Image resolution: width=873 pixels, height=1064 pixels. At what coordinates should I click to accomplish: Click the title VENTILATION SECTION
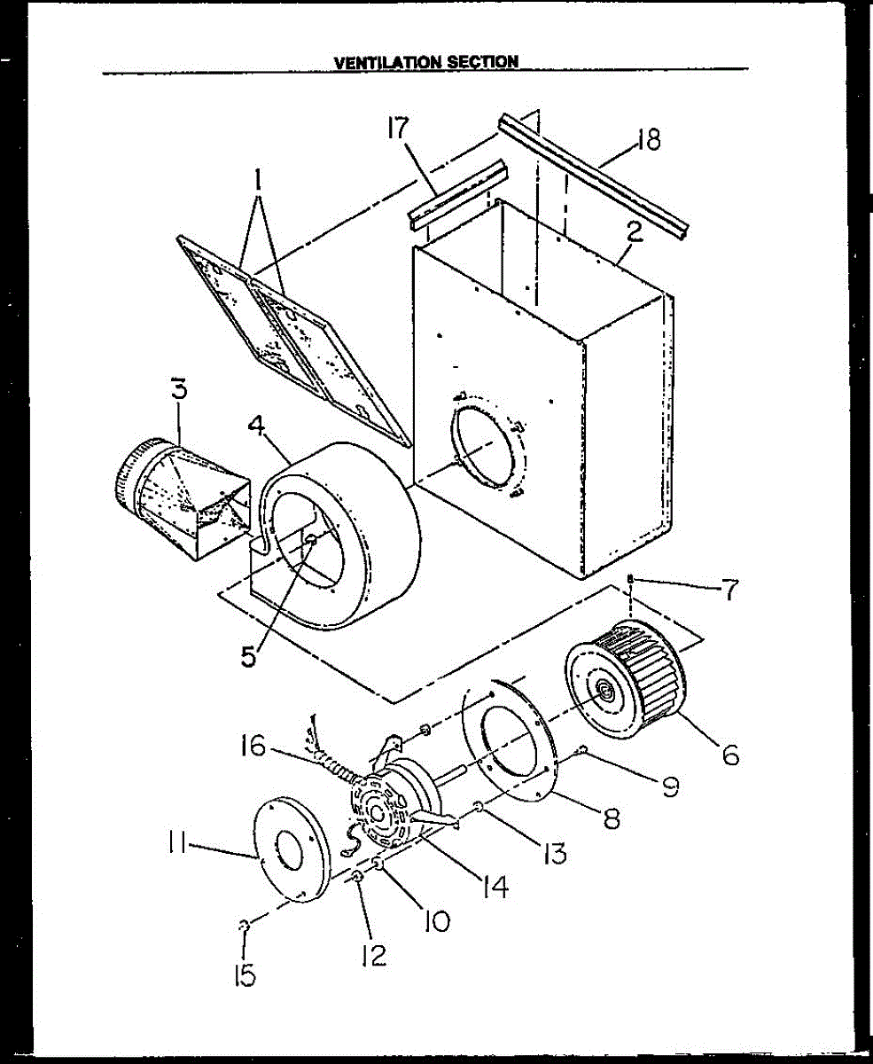[x=426, y=62]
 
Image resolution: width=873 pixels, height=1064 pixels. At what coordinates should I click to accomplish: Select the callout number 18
[x=649, y=139]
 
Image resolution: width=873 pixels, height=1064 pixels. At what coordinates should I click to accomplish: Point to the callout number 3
[x=179, y=389]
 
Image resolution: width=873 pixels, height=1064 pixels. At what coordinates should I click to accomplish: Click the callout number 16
[x=253, y=747]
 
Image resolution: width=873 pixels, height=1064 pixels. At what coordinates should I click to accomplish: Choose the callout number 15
[x=245, y=975]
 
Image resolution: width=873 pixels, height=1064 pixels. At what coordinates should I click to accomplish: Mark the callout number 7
[x=729, y=590]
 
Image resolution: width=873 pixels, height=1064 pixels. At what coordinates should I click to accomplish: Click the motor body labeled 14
[x=394, y=802]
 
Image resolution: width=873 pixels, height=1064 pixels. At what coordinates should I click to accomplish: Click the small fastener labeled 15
[x=244, y=927]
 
